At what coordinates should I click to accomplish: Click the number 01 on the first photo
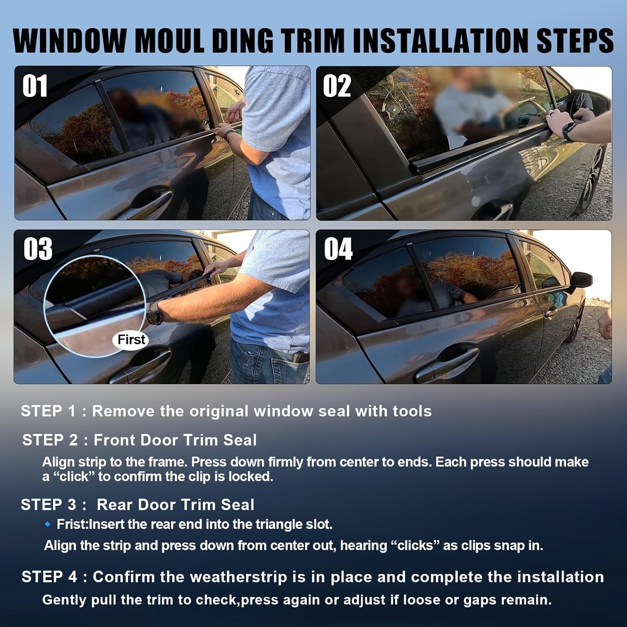click(x=35, y=87)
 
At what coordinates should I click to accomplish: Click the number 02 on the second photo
click(x=336, y=87)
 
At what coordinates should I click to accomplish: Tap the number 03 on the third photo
click(x=38, y=249)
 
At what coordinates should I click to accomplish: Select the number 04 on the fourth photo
click(x=338, y=249)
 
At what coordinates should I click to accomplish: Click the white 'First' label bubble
click(x=131, y=339)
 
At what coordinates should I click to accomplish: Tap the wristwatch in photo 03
click(x=155, y=313)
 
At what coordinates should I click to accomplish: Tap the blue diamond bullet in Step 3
click(x=48, y=524)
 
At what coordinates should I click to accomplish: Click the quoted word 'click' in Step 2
click(x=74, y=477)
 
